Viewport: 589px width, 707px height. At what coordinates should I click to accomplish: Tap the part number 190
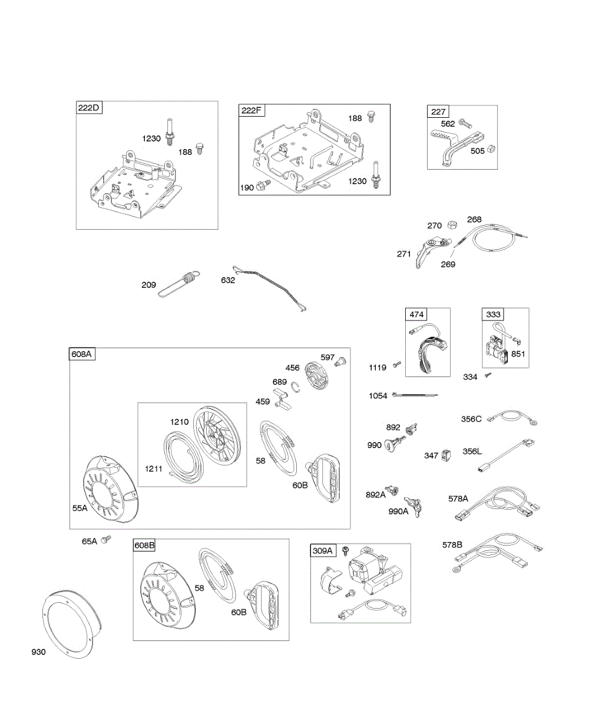(x=247, y=187)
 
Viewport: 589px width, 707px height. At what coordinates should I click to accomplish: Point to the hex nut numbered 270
(x=453, y=224)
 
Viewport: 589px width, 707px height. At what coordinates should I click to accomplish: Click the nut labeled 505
(x=493, y=150)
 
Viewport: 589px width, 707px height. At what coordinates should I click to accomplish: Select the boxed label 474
(x=416, y=314)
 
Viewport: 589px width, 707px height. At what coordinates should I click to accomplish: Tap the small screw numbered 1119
(x=398, y=366)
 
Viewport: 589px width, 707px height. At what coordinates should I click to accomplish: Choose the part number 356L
(x=471, y=451)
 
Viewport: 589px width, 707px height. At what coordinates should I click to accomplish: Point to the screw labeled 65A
(x=106, y=539)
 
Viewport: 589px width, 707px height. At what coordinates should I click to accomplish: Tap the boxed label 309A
(x=323, y=550)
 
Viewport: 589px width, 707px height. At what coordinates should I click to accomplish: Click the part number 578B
(x=452, y=545)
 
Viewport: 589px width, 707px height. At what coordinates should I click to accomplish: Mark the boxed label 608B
(x=144, y=546)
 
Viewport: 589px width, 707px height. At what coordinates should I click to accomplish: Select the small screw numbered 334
(x=487, y=375)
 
